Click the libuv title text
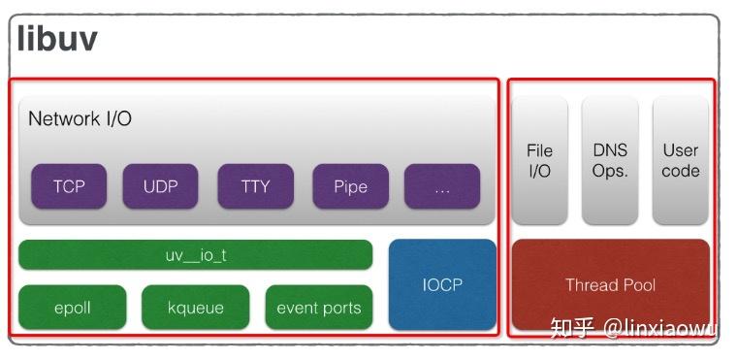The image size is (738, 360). [57, 39]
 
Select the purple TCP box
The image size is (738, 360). [68, 186]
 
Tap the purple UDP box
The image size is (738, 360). [160, 186]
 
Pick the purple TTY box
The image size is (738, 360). [255, 186]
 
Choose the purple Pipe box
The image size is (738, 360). [350, 186]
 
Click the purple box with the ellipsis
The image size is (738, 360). [442, 186]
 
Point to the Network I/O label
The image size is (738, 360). [80, 119]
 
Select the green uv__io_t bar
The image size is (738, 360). [196, 255]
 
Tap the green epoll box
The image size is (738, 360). [73, 308]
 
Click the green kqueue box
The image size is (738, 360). [195, 308]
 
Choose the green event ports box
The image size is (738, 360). [318, 308]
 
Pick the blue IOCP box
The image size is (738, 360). [442, 284]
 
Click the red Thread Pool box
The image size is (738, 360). [610, 285]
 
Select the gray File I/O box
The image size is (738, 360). [539, 161]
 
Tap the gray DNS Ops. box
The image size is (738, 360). [610, 161]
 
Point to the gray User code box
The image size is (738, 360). [680, 161]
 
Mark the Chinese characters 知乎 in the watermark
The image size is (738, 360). [571, 328]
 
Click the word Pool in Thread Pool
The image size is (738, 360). [636, 285]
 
